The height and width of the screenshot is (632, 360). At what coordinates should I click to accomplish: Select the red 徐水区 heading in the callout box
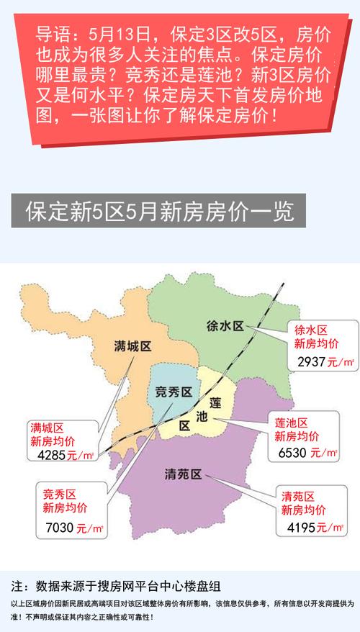tap(311, 329)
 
